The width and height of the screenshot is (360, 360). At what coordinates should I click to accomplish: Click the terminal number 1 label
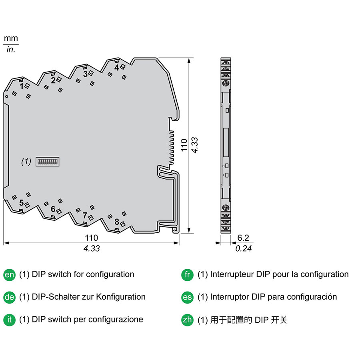[x=21, y=86]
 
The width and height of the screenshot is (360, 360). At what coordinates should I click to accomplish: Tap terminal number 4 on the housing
[x=117, y=68]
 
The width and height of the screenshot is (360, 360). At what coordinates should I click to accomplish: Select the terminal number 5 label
[x=21, y=203]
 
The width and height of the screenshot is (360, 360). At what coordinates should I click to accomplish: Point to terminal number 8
[x=117, y=222]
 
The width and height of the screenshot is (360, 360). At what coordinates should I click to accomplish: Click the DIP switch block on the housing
[x=48, y=162]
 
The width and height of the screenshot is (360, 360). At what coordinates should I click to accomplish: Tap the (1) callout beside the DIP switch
[x=26, y=162]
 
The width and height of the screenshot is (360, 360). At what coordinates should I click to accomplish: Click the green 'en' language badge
[x=10, y=274]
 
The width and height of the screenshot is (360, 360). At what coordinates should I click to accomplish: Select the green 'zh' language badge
[x=187, y=320]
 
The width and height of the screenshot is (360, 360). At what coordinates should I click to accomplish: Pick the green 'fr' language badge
[x=187, y=274]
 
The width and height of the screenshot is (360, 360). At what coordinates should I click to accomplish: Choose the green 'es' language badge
[x=187, y=297]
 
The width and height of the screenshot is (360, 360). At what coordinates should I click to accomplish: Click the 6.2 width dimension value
[x=243, y=238]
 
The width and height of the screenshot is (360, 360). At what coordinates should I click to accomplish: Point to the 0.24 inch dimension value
[x=243, y=248]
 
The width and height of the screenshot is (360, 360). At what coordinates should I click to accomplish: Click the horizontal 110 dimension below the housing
[x=91, y=238]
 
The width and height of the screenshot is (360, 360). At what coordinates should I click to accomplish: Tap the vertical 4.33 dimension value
[x=195, y=145]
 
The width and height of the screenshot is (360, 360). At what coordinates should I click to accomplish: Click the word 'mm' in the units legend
[x=11, y=38]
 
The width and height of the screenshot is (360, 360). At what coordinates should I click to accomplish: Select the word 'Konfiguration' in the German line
[x=121, y=297]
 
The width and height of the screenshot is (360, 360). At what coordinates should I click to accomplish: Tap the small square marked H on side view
[x=227, y=166]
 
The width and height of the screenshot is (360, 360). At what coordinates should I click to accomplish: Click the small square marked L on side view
[x=227, y=175]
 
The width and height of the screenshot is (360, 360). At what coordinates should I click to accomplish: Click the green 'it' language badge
[x=10, y=320]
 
